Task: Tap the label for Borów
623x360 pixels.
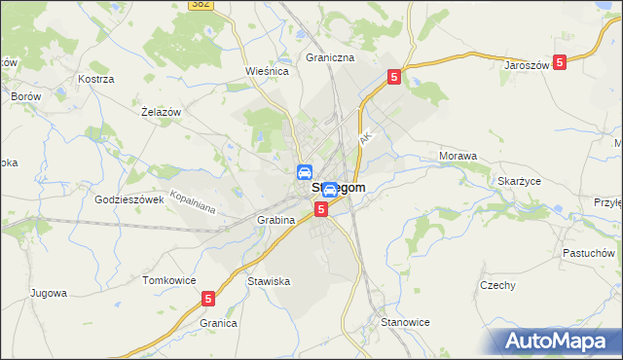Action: (24, 97)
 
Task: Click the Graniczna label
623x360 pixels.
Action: (330, 57)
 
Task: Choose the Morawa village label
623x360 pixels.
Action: (458, 156)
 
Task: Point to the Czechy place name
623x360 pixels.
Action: (496, 285)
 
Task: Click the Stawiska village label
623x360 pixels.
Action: (269, 281)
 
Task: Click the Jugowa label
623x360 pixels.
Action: (48, 292)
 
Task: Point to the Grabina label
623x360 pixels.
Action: (276, 220)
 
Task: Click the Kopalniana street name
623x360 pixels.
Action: (191, 199)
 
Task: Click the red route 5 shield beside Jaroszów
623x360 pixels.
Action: (560, 61)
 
